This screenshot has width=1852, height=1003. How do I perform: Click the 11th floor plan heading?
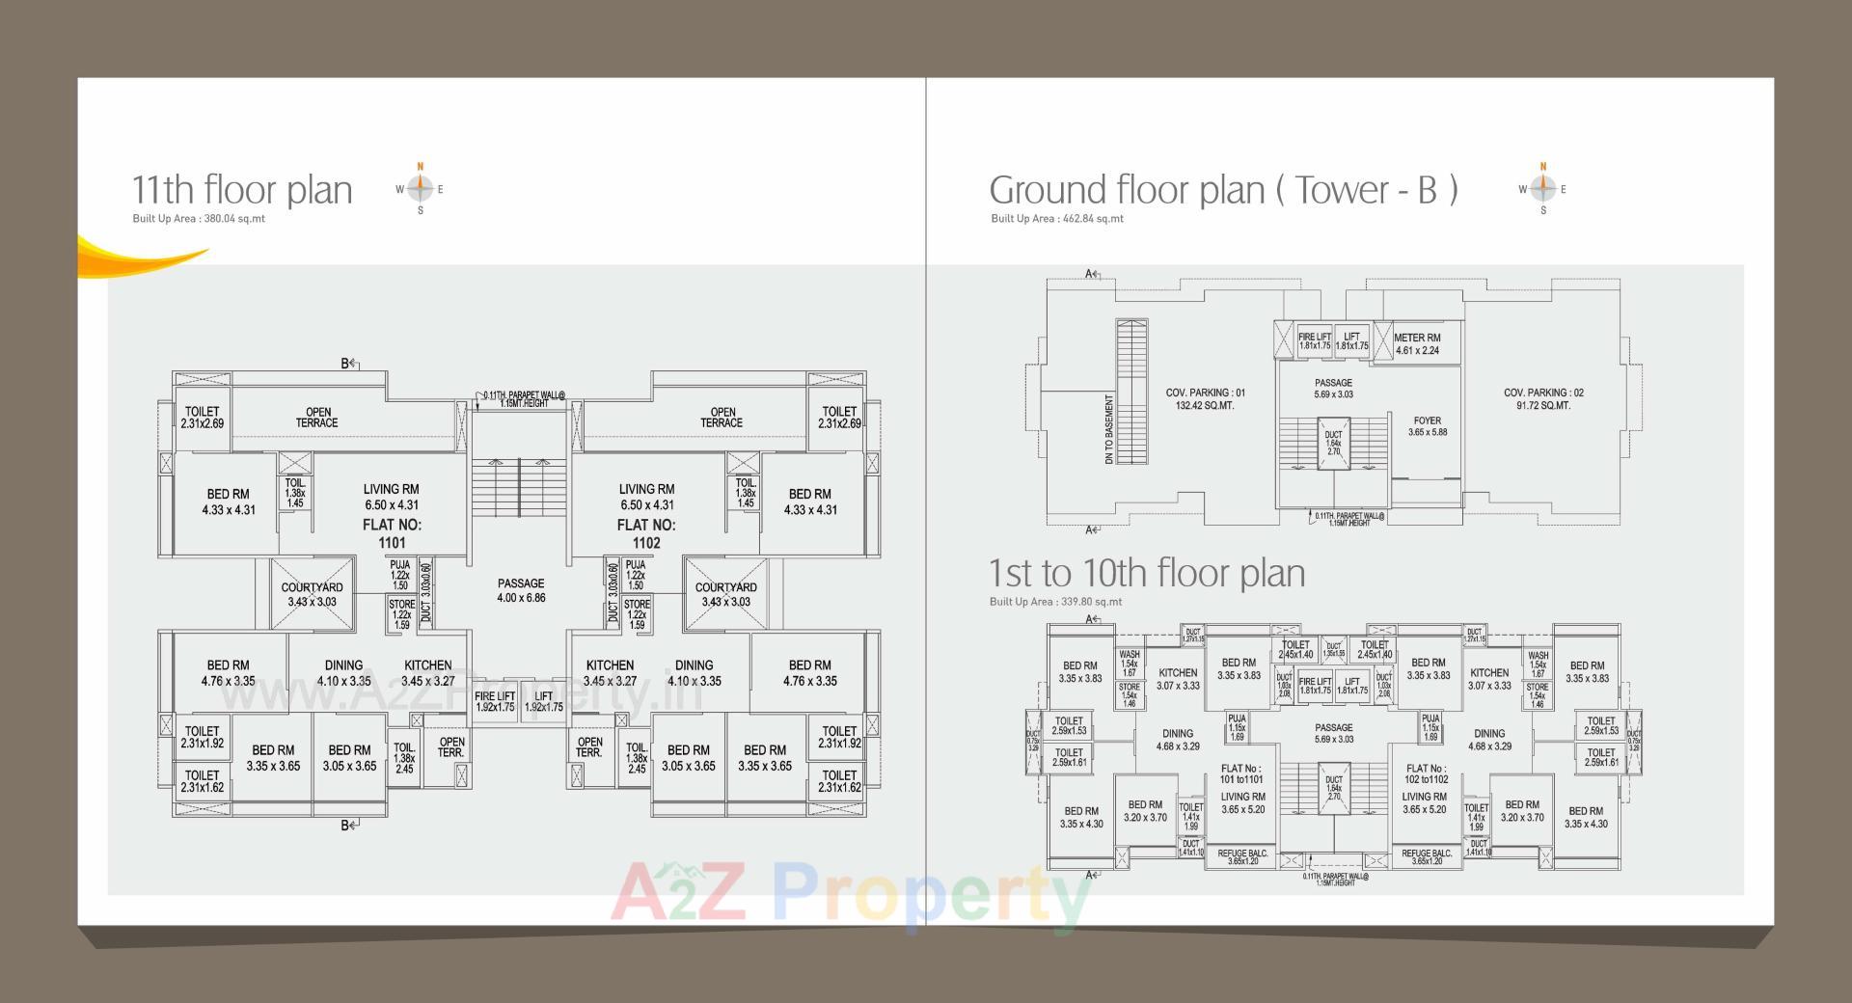242,190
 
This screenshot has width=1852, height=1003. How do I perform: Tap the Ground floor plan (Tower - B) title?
1223,190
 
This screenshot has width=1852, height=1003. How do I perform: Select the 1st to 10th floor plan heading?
1147,573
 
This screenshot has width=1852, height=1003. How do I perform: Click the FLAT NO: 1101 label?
392,533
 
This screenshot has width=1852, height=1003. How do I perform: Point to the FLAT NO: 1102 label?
646,533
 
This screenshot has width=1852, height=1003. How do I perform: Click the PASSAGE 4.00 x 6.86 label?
521,590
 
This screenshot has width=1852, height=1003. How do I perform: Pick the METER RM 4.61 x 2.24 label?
1417,344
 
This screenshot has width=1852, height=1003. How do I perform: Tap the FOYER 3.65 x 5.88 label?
1428,426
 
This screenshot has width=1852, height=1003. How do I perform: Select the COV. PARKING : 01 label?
1205,399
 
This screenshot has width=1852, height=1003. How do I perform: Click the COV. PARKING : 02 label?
1542,399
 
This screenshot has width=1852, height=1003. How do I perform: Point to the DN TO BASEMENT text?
1110,428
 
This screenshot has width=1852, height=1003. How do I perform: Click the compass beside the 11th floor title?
420,189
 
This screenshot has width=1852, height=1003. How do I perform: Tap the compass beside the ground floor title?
1542,189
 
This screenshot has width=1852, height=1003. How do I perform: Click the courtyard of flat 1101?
312,594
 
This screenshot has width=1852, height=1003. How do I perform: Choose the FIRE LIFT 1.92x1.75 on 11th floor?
494,701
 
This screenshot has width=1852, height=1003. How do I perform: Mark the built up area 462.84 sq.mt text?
1057,219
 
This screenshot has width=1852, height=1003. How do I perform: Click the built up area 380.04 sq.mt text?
199,219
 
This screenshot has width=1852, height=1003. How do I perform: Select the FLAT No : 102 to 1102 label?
1426,773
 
